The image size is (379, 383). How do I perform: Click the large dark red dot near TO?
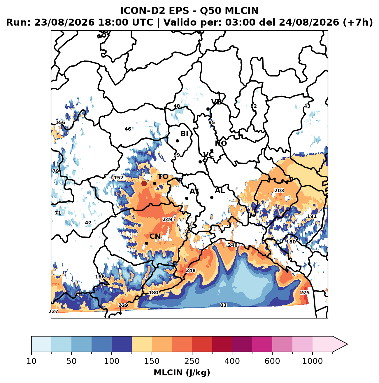144,183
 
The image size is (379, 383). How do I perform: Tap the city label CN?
155,236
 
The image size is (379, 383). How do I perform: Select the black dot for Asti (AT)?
187,198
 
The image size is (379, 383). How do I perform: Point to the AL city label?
220,191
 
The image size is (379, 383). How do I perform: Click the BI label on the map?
184,134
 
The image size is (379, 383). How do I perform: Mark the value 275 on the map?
305,293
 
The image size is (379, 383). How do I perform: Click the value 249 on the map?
167,220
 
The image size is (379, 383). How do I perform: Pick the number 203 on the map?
279,191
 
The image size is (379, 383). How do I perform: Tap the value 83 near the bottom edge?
223,305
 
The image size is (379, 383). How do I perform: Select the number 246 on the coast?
233,245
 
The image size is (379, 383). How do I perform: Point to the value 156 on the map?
60,122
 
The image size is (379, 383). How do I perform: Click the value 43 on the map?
307,106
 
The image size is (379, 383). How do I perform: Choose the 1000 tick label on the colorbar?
312,361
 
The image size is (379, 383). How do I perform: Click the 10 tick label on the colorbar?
31,361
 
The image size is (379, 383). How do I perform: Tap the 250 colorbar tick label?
192,361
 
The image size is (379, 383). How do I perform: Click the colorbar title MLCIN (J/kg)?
182,373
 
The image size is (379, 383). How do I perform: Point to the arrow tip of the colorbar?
348,344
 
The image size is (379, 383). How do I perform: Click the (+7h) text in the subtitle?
357,22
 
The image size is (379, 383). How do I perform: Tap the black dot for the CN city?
147,243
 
